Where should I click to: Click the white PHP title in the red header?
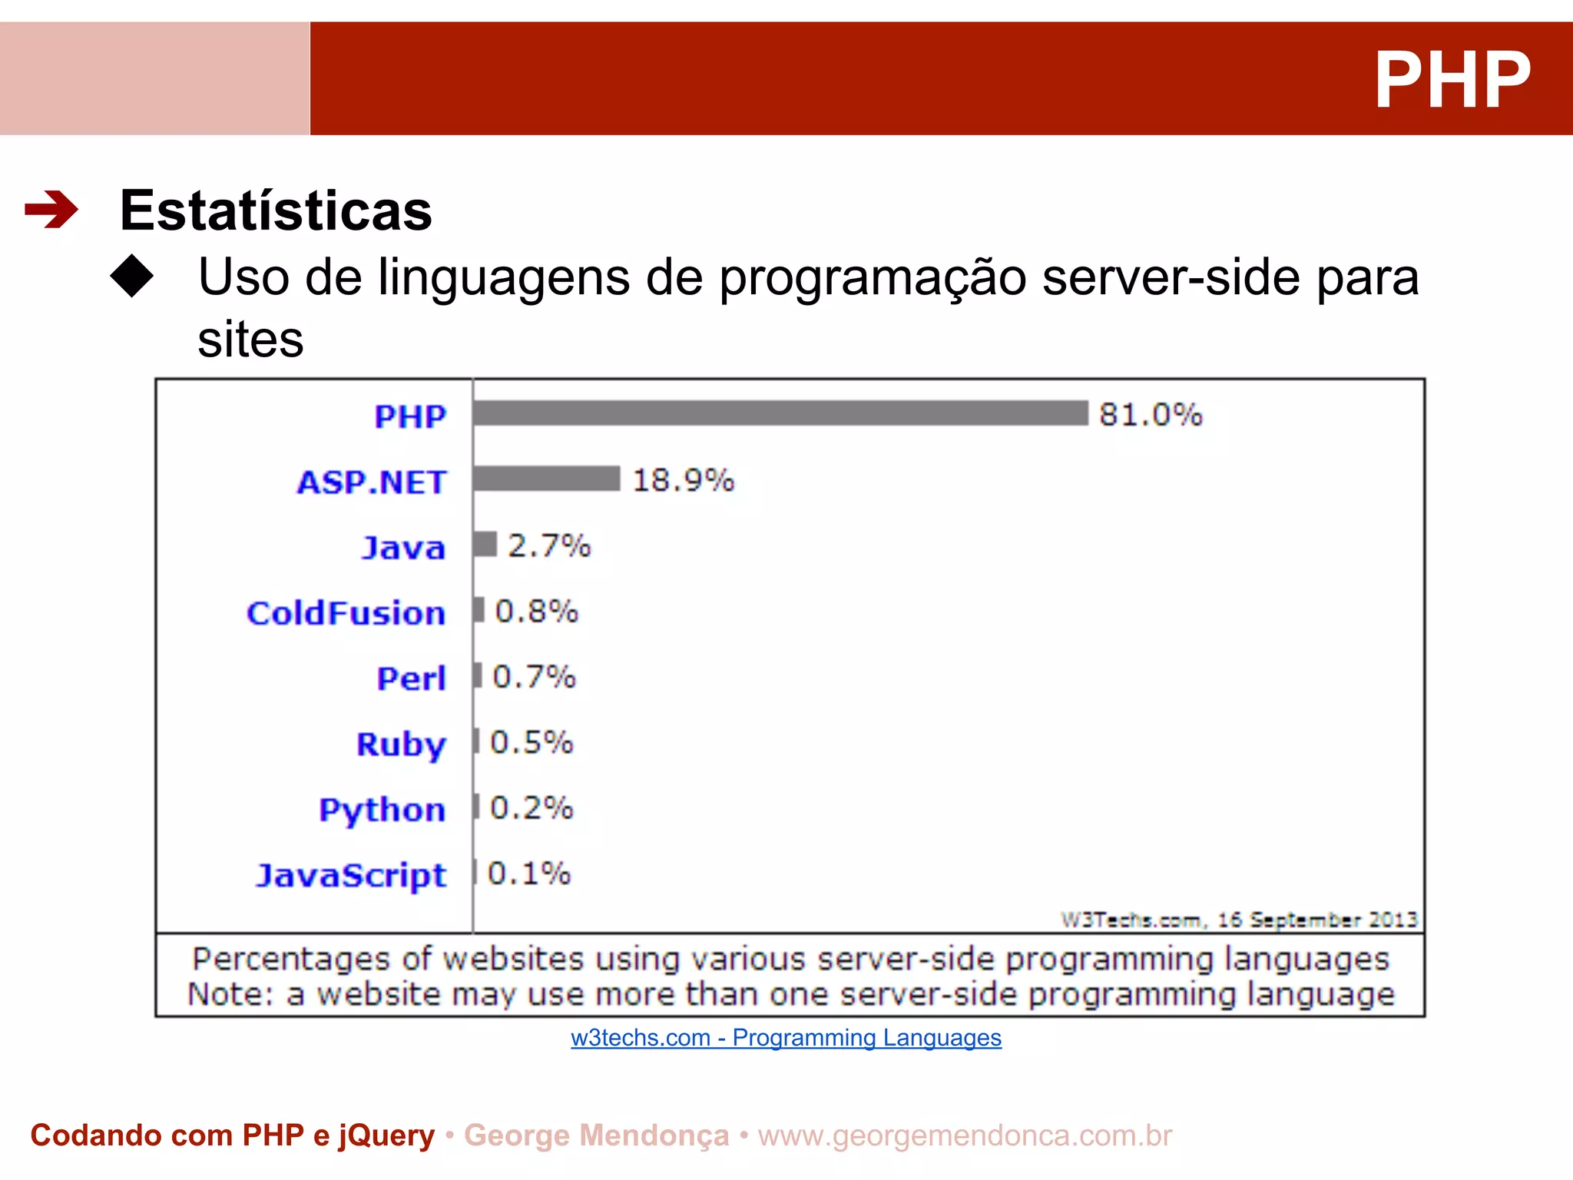tap(1452, 80)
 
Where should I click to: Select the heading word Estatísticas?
tap(276, 210)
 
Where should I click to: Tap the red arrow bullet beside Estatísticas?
tap(51, 209)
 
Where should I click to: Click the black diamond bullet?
tap(132, 276)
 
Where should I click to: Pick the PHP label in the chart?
tap(410, 416)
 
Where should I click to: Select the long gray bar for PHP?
tap(780, 413)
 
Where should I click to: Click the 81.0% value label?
tap(1150, 415)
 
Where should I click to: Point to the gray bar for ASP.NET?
tap(546, 479)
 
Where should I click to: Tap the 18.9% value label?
tap(683, 480)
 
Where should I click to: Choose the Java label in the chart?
tap(403, 548)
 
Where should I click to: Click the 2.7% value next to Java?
tap(549, 546)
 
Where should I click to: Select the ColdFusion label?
tap(346, 613)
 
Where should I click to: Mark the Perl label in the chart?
tap(411, 678)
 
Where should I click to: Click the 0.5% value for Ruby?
tap(532, 743)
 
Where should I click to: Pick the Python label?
tap(382, 810)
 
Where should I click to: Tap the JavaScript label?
tap(351, 875)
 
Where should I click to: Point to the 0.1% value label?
tap(529, 873)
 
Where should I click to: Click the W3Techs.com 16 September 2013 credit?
tap(1238, 920)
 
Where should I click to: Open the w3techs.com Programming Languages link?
tap(786, 1038)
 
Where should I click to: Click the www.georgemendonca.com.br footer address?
tap(965, 1135)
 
